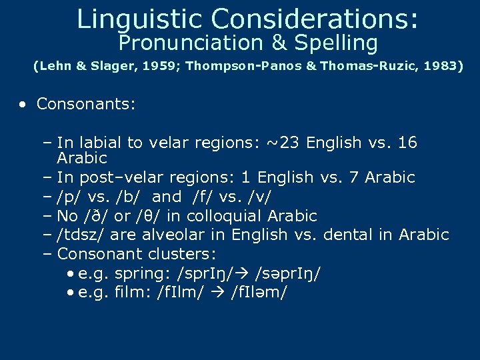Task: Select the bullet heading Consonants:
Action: coord(86,104)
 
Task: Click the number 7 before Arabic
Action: coord(352,177)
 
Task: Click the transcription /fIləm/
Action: coord(259,293)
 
